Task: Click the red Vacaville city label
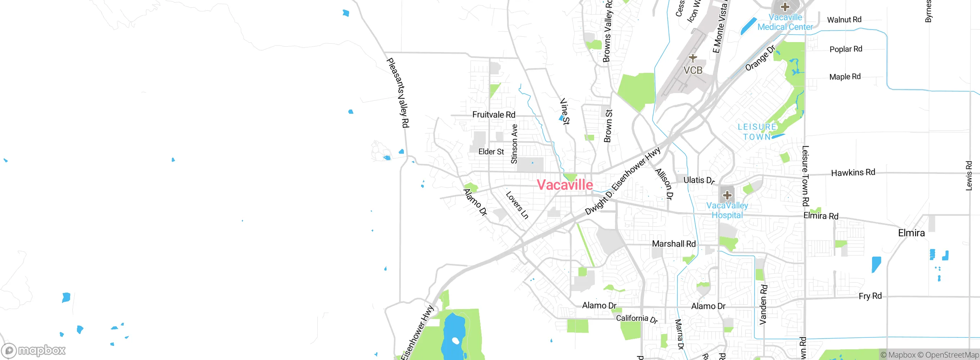(x=565, y=185)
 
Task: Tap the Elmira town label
(x=911, y=233)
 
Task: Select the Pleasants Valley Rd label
(x=398, y=93)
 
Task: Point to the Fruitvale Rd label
(x=493, y=115)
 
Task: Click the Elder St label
(x=491, y=152)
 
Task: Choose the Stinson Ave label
(x=514, y=144)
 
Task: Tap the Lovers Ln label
(x=517, y=205)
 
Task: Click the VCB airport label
(x=693, y=70)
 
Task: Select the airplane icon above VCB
(x=693, y=58)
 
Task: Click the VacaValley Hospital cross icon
(x=727, y=195)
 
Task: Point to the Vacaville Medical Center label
(x=785, y=22)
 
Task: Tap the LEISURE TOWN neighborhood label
(x=757, y=132)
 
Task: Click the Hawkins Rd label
(x=853, y=173)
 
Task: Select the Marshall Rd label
(x=673, y=244)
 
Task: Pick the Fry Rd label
(x=870, y=296)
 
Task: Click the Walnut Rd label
(x=844, y=20)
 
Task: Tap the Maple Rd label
(x=844, y=77)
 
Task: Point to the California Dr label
(x=637, y=319)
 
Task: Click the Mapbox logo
(x=34, y=350)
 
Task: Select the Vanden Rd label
(x=763, y=304)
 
